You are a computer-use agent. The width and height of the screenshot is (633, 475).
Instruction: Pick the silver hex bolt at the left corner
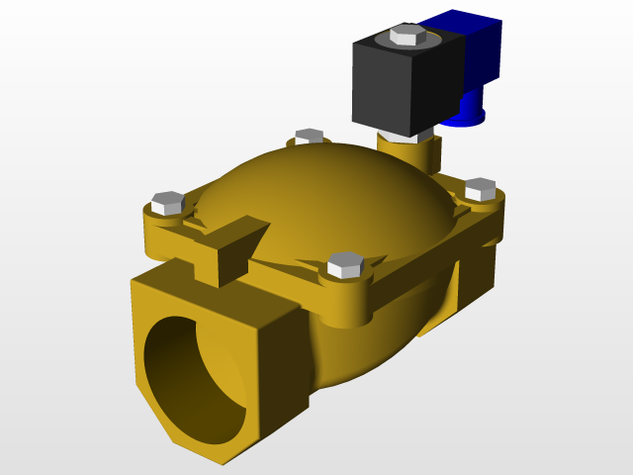[x=167, y=202]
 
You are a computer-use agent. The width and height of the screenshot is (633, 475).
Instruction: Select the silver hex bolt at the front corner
[x=345, y=264]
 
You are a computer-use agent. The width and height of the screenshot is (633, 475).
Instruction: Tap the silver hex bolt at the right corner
[x=480, y=188]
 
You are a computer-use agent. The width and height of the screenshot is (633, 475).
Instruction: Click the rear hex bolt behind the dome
[x=310, y=136]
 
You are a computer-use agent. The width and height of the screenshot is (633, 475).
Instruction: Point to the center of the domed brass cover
[x=326, y=198]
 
